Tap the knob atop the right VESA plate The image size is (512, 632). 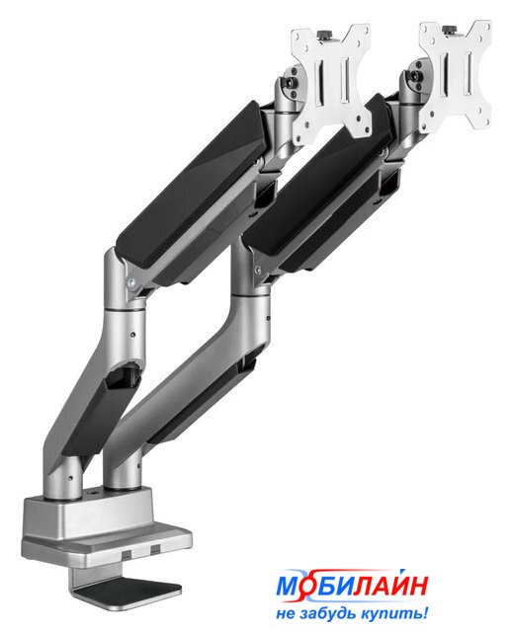[449, 30]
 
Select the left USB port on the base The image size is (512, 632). [128, 554]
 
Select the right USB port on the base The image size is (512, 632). [155, 549]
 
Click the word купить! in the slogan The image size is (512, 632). [394, 614]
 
